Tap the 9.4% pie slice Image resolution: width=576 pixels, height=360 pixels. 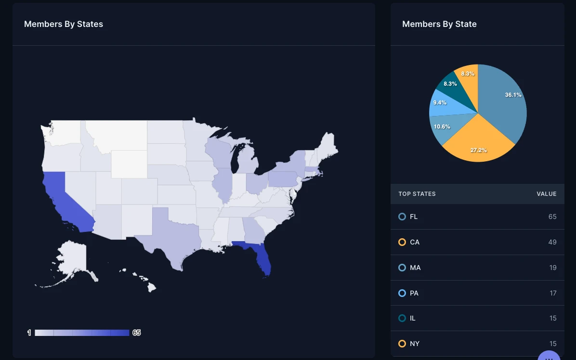(x=441, y=103)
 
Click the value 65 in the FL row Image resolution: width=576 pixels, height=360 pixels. (x=552, y=217)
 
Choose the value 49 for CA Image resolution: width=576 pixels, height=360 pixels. (x=552, y=242)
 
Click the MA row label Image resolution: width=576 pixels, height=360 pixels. (x=415, y=268)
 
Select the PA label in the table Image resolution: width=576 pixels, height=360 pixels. (x=414, y=293)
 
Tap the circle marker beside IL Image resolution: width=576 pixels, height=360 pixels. (x=402, y=318)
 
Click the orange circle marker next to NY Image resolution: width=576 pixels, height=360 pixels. (x=402, y=344)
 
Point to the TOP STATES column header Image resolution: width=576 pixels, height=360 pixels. (x=417, y=194)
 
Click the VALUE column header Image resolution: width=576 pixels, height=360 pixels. (x=547, y=194)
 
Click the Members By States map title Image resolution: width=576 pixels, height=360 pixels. (x=64, y=24)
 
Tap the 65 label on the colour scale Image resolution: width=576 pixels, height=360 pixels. (x=137, y=333)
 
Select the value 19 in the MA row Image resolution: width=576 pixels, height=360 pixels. (x=553, y=268)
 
